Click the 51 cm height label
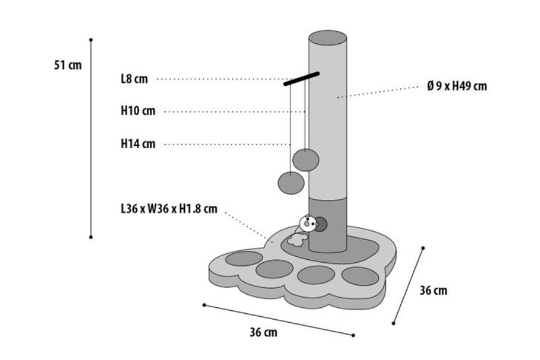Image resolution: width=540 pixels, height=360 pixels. (68, 65)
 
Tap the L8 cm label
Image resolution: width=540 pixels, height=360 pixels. (134, 79)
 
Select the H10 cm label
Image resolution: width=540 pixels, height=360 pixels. (138, 111)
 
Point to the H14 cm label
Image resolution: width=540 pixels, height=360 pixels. (138, 143)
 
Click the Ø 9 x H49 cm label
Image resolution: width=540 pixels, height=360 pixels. (457, 86)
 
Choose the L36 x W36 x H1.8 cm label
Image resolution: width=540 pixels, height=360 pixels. (169, 209)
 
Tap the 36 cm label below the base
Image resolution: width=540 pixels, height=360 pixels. (263, 332)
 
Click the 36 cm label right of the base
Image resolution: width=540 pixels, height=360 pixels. (433, 290)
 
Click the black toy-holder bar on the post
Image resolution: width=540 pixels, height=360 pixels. (301, 79)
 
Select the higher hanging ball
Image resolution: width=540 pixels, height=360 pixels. (306, 160)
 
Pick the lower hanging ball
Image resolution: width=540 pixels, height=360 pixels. (291, 183)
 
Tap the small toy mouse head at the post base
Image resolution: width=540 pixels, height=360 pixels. (308, 224)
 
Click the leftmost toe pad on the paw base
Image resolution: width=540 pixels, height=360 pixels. (244, 259)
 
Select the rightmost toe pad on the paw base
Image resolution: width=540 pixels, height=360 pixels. (360, 276)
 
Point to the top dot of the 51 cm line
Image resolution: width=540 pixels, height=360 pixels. (91, 40)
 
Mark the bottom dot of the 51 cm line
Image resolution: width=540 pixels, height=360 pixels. (91, 237)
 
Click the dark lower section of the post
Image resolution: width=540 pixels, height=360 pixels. (328, 224)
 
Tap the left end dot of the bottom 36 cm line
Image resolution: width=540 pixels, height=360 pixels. (204, 305)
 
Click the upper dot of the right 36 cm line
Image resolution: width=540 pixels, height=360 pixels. (423, 248)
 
